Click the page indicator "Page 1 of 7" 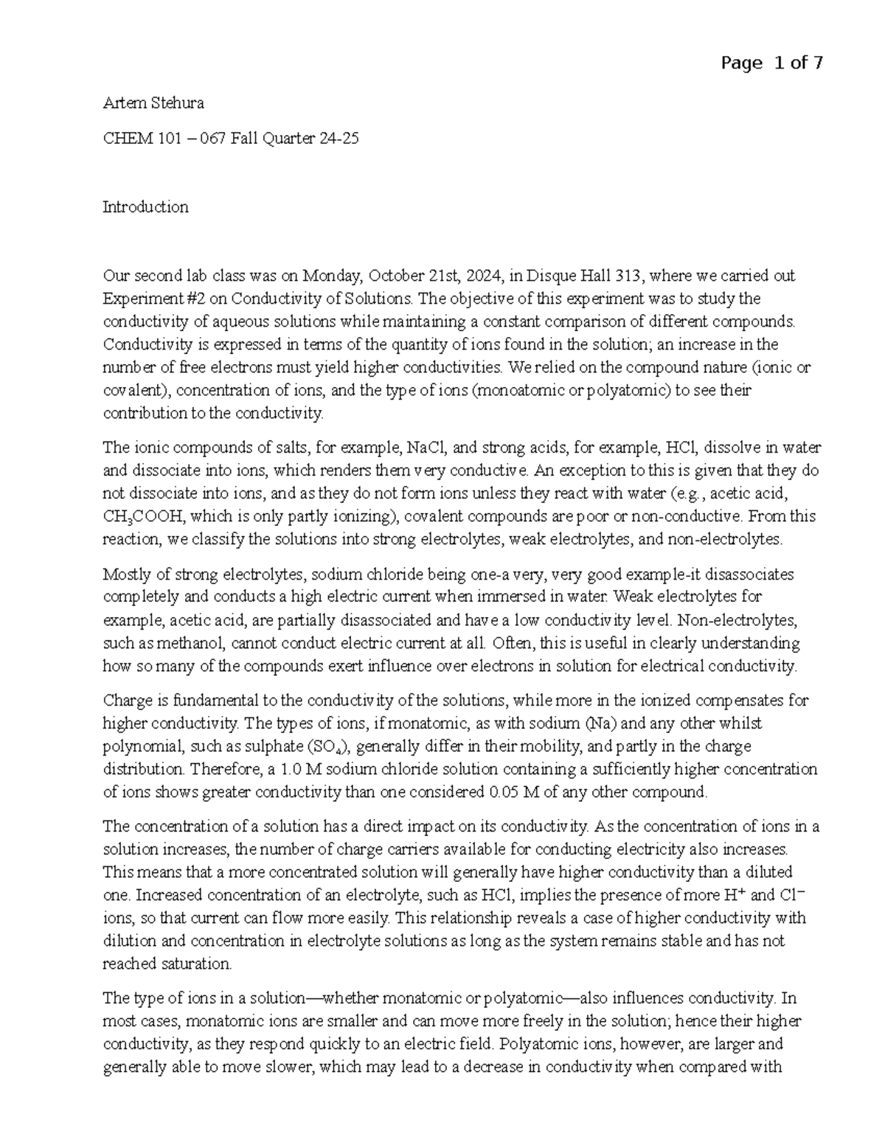[x=771, y=63]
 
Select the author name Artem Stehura [x=153, y=103]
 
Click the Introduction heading [x=145, y=207]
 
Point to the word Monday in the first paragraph [x=331, y=276]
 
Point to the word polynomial [x=135, y=746]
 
